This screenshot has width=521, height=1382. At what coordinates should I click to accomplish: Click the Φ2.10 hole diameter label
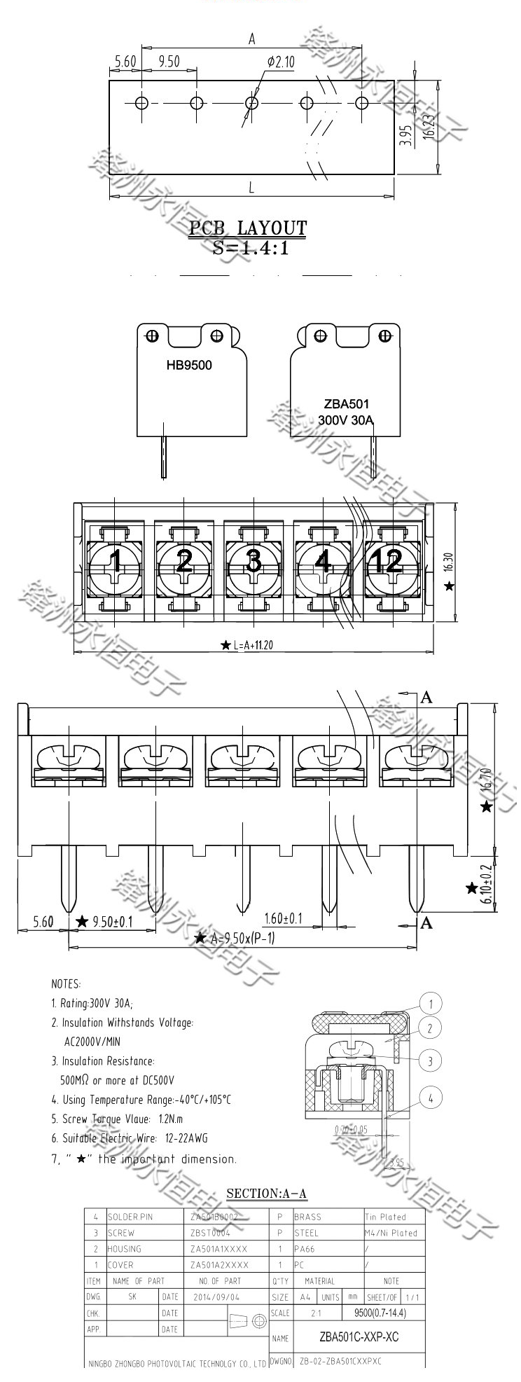pyautogui.click(x=281, y=63)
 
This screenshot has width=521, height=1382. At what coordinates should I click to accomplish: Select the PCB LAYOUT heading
pyautogui.click(x=248, y=228)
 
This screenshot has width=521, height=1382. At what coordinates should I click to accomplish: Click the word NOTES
pyautogui.click(x=66, y=984)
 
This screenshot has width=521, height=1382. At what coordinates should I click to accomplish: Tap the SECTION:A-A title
pyautogui.click(x=268, y=1194)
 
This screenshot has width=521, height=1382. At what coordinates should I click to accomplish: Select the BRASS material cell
pyautogui.click(x=307, y=1217)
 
